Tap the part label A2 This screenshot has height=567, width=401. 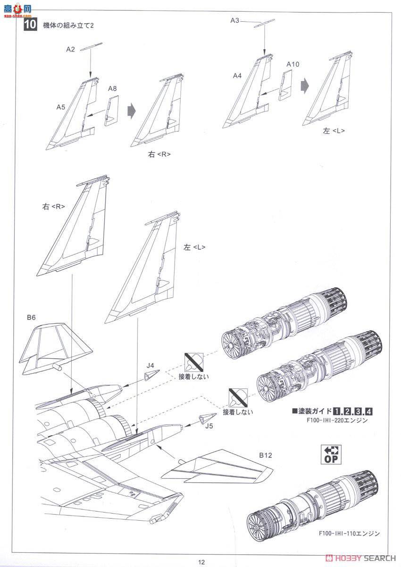click(x=71, y=49)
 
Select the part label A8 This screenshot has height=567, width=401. click(x=112, y=89)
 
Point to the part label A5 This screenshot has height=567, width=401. click(x=60, y=107)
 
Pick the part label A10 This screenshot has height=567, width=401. click(x=292, y=64)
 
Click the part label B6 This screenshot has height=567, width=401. click(x=31, y=318)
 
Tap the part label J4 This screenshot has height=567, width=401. click(x=150, y=365)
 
